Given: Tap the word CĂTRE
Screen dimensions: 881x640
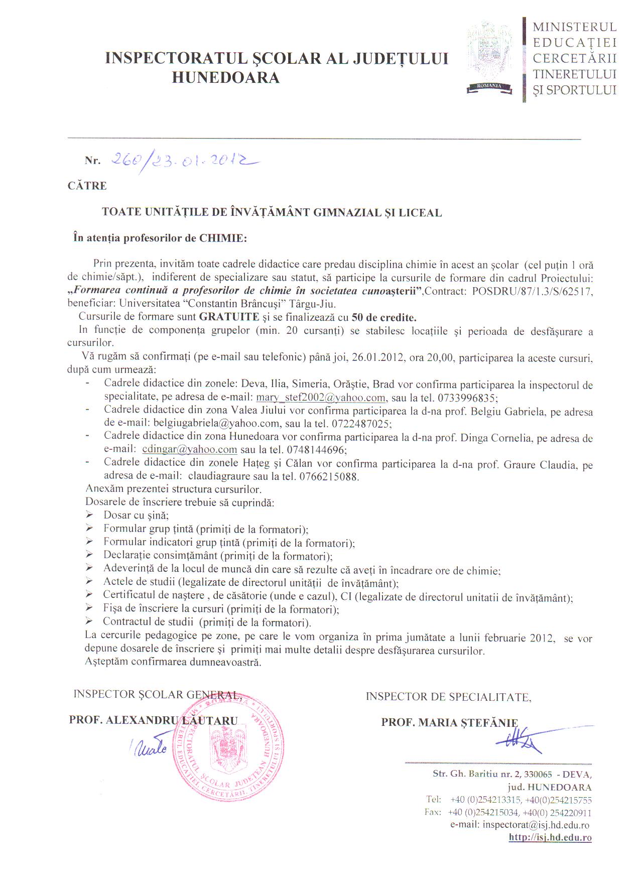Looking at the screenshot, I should click(x=87, y=186).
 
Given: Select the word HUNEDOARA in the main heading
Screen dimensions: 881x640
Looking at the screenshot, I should click(x=225, y=78).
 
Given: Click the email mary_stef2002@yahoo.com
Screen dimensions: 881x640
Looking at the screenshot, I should click(x=321, y=398).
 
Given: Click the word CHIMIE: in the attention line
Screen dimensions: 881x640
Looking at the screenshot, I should click(x=223, y=238).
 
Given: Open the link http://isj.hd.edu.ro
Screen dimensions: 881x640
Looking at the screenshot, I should click(x=550, y=837).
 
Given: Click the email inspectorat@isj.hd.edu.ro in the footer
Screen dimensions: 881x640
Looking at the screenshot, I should click(x=536, y=824).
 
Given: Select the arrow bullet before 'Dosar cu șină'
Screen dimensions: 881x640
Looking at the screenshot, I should click(x=90, y=515).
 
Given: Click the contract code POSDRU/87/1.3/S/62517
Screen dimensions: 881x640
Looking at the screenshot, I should click(x=533, y=291).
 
